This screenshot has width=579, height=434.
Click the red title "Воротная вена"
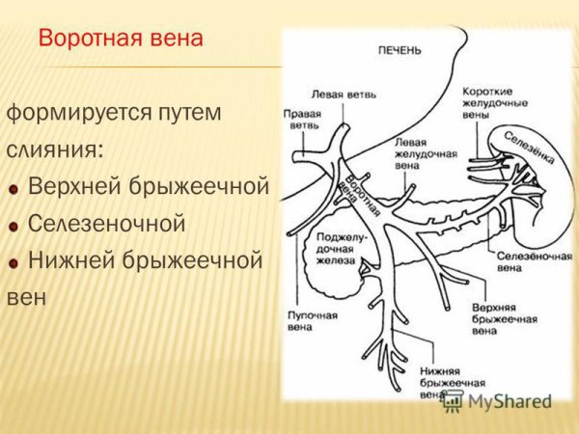point(121,40)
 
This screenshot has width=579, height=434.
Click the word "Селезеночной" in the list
point(106,224)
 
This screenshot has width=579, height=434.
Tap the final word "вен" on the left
point(26,297)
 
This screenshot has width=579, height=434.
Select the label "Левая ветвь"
point(344,95)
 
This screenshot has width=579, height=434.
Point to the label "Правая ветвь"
point(302,119)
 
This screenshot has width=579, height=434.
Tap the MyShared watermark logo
point(496,401)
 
